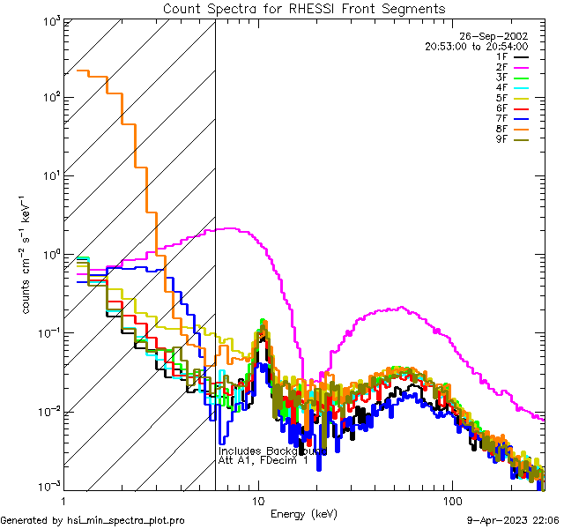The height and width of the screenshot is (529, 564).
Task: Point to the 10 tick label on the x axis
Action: pos(258,500)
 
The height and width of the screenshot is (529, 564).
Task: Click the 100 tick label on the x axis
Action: pos(452,500)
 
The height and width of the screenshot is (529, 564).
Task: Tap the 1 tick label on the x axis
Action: pos(62,500)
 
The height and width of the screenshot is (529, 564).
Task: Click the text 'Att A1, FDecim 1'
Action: pos(263,460)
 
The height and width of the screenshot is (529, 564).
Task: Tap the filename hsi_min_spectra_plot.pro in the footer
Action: pos(126,521)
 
